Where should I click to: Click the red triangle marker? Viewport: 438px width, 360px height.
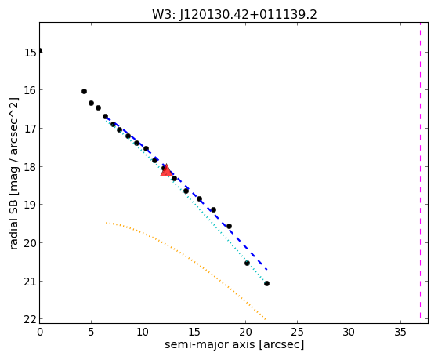tap(166, 170)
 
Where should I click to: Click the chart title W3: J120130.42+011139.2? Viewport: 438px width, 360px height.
tap(234, 14)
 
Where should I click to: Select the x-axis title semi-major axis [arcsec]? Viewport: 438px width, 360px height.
tap(234, 344)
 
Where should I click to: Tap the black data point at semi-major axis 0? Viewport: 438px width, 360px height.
tap(40, 51)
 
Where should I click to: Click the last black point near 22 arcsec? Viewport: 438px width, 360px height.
tap(266, 284)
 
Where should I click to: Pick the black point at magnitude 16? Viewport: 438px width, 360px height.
tap(84, 92)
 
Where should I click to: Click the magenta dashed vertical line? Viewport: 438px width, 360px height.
tap(420, 171)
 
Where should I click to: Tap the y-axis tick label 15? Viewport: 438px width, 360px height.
tap(31, 53)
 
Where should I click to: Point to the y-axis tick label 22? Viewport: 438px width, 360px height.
tap(30, 319)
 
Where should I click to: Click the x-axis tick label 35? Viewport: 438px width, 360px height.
tap(400, 333)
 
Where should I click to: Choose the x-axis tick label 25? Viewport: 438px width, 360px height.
tap(297, 333)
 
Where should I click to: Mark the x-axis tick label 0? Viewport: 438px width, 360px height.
tap(40, 333)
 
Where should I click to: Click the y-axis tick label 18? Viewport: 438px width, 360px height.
tap(31, 167)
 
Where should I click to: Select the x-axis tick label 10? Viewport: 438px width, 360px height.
tap(143, 333)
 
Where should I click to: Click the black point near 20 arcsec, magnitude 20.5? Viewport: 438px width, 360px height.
tap(247, 264)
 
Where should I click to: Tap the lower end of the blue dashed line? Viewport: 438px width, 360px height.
tap(267, 269)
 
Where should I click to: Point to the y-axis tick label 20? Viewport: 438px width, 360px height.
tap(30, 243)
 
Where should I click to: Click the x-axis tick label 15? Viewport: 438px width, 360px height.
tap(194, 333)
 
